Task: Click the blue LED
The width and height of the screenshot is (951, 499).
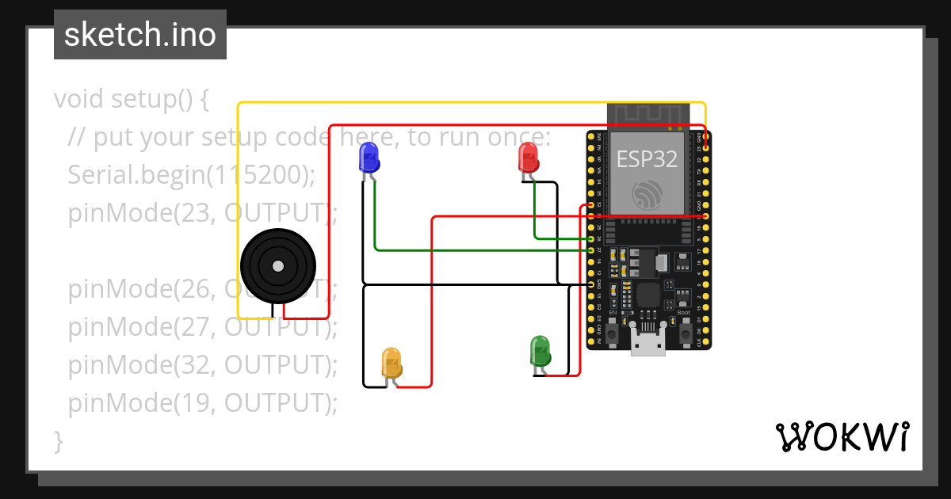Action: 369,158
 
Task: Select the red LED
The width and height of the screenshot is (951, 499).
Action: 528,158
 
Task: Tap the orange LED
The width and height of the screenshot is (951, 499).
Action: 391,362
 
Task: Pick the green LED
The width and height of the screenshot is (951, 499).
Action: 540,351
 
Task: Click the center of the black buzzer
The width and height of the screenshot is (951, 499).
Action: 277,267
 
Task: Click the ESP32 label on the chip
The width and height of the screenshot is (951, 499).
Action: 647,159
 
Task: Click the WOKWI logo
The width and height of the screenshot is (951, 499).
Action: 842,436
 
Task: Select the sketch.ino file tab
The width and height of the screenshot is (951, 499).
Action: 140,35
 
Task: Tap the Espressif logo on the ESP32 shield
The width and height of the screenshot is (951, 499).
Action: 647,194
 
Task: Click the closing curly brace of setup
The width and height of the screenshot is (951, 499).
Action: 58,440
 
